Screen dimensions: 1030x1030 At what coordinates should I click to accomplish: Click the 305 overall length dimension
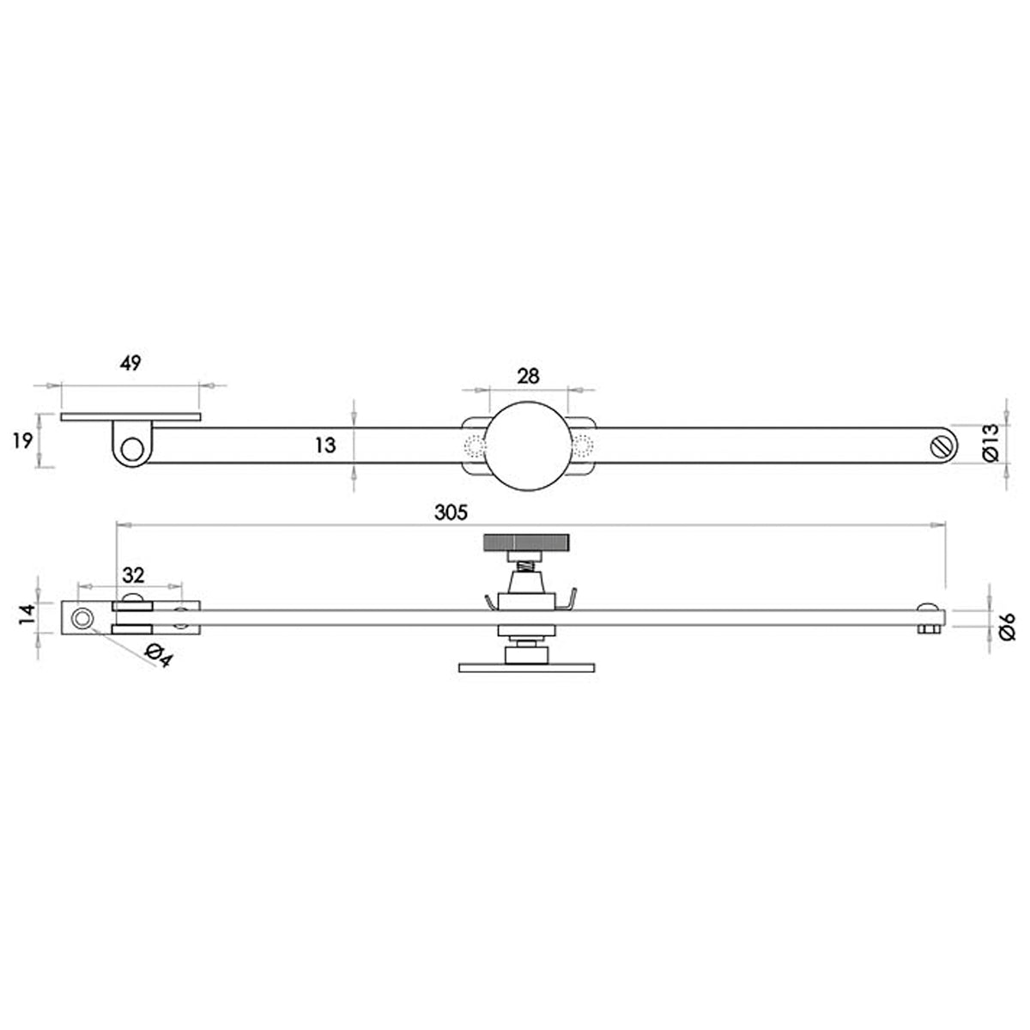(451, 512)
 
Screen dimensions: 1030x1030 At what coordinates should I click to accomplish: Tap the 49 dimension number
(130, 363)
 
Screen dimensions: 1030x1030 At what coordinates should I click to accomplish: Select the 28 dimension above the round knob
(528, 376)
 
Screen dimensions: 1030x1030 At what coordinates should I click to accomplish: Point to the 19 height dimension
(23, 441)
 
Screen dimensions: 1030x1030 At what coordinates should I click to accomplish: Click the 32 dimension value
(133, 575)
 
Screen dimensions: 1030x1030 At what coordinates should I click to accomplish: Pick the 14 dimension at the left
(27, 614)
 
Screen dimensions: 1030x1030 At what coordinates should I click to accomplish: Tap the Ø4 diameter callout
(159, 656)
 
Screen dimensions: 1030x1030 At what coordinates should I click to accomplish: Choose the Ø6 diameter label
(1007, 626)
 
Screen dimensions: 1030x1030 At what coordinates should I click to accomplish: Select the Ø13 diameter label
(990, 443)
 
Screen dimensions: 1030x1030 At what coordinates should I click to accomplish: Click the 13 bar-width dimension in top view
(325, 445)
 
